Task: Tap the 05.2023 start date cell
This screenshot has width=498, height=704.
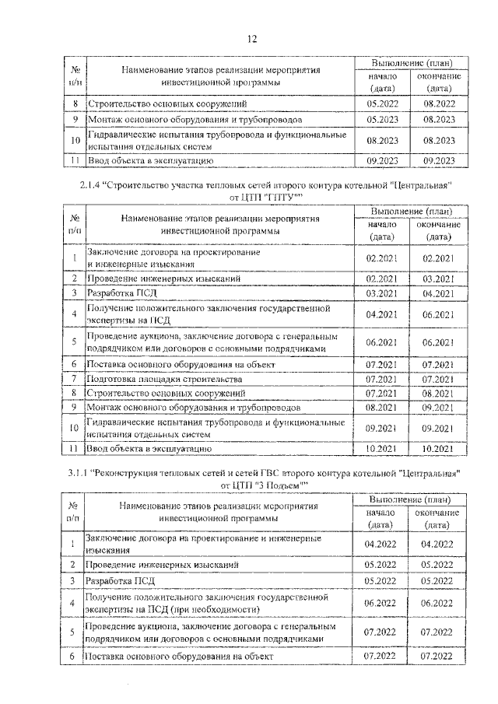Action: click(x=381, y=120)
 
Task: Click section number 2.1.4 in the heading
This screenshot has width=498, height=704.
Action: click(x=90, y=185)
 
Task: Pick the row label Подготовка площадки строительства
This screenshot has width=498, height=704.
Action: click(x=164, y=379)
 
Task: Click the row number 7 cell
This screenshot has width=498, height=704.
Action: click(x=73, y=379)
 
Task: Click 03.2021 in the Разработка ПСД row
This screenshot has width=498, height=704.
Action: click(x=381, y=292)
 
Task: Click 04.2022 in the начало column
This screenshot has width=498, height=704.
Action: click(x=381, y=545)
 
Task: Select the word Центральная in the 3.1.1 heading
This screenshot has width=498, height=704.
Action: click(x=425, y=472)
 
